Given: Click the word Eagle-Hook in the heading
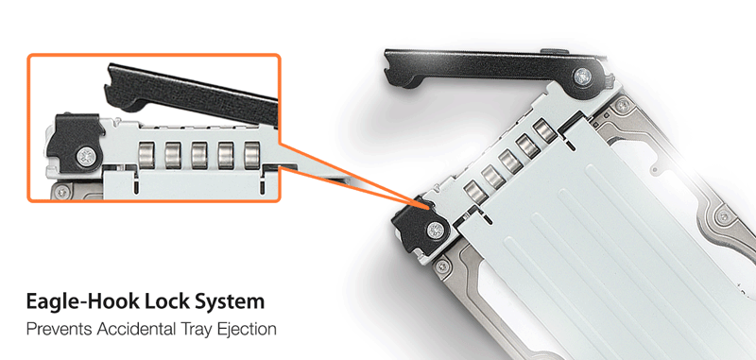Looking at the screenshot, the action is [80, 301].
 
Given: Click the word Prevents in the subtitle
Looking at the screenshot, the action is [59, 329].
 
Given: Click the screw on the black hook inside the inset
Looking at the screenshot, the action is [86, 157].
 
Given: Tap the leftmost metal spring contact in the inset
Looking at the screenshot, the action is [146, 155].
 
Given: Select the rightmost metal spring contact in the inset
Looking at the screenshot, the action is [251, 155].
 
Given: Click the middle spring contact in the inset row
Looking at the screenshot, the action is [199, 155].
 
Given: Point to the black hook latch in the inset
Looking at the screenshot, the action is [75, 142].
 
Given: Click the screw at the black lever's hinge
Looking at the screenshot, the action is [582, 76].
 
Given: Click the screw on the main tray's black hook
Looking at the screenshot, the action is [435, 230].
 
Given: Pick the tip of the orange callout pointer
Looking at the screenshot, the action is [429, 208].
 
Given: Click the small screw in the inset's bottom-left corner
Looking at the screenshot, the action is [61, 192].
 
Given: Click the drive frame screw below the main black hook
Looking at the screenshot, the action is [440, 266].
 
